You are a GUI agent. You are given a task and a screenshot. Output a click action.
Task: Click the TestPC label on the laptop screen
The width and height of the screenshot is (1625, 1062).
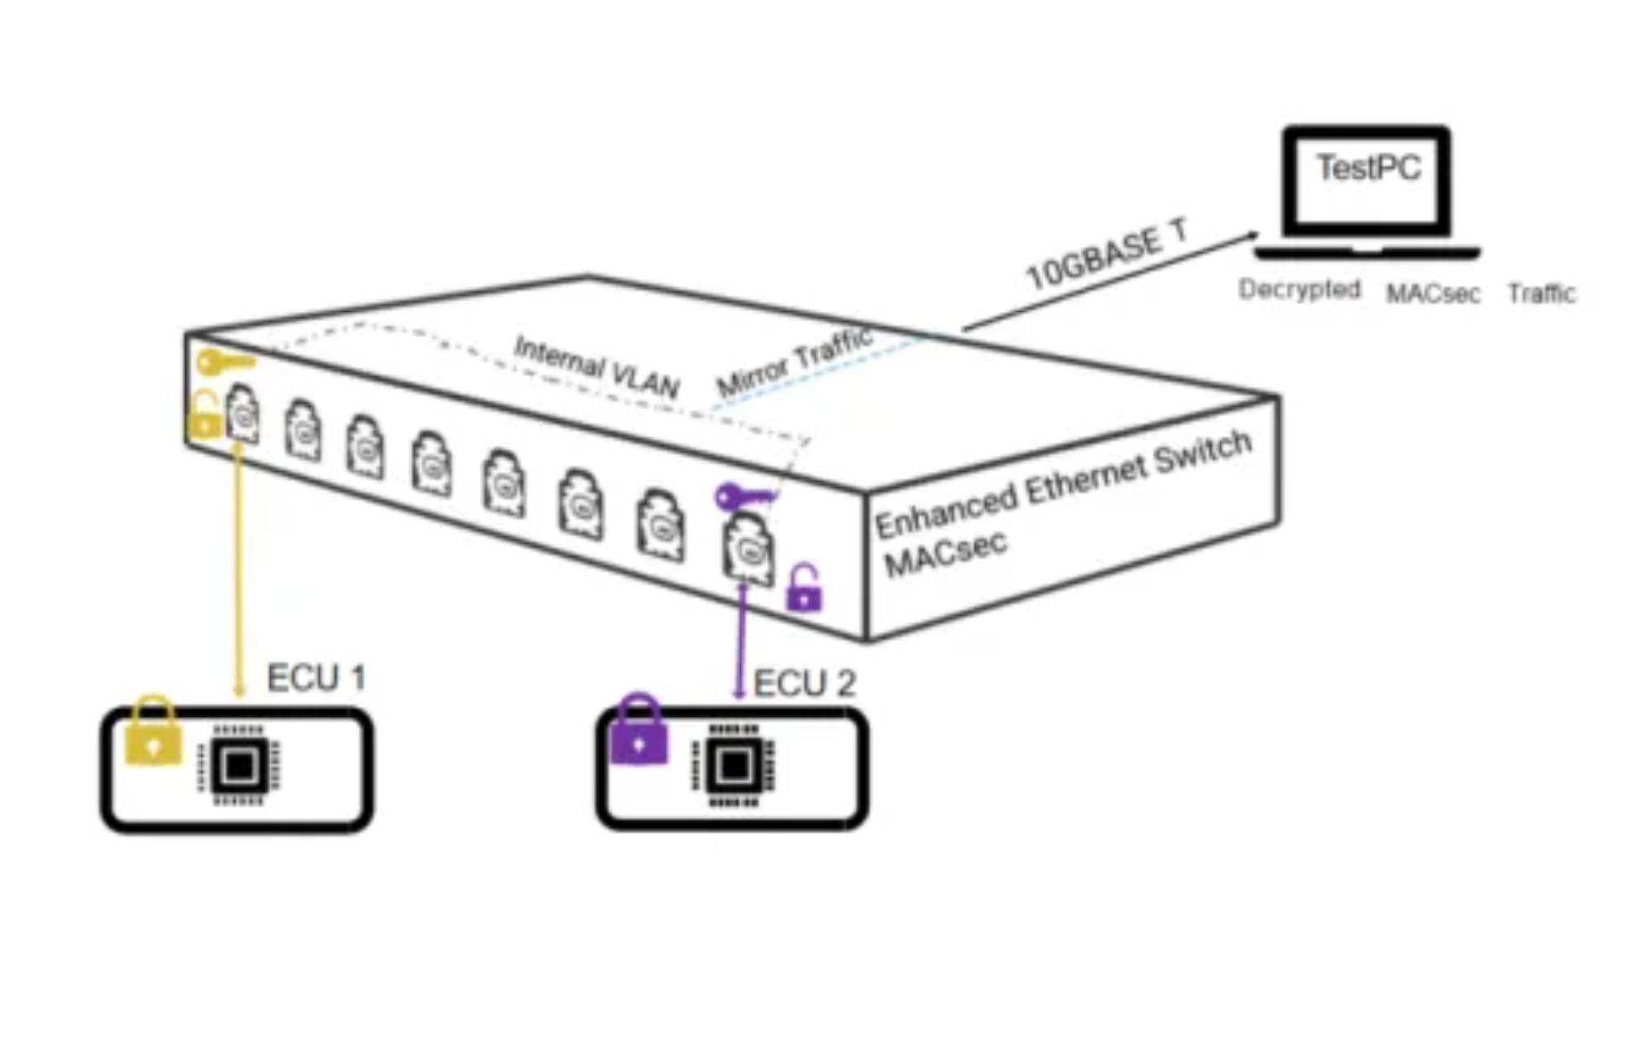[x=1368, y=168]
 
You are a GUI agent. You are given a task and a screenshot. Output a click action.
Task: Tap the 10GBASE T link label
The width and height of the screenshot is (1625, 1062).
[x=1107, y=256]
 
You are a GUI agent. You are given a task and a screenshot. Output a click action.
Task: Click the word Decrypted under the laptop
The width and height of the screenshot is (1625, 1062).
[x=1300, y=290]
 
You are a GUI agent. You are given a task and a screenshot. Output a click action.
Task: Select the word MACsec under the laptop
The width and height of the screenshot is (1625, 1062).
[x=1433, y=293]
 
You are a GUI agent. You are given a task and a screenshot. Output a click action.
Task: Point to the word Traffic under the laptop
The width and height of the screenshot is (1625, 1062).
[x=1541, y=293]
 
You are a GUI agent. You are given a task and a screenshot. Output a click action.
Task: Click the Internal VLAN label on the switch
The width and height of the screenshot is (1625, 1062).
[x=596, y=367]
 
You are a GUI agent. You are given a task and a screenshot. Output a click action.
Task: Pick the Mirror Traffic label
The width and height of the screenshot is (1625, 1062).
[x=794, y=362]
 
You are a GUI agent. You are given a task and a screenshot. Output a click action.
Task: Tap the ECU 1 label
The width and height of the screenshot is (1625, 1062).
[x=316, y=678]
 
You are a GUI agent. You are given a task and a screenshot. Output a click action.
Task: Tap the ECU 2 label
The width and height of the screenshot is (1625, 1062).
[x=804, y=684]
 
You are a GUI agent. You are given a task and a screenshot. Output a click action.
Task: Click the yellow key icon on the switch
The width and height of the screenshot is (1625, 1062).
[x=224, y=362]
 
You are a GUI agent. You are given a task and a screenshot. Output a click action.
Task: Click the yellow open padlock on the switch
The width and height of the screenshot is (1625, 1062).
[x=205, y=417]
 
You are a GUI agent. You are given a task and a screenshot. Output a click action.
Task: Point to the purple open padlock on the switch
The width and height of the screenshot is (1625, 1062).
[x=804, y=588]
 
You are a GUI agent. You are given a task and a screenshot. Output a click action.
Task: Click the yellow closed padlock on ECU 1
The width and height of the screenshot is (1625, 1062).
[x=153, y=732]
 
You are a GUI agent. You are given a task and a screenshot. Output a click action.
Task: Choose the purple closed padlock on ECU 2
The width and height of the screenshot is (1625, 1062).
[x=638, y=732]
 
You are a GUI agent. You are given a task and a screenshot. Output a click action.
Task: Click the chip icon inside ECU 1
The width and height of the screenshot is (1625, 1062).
[x=239, y=765]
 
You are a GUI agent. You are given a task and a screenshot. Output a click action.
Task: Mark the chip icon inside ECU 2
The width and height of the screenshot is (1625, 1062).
[x=733, y=765]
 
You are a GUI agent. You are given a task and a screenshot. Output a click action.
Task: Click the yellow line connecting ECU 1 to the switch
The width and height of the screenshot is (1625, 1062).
[x=238, y=572]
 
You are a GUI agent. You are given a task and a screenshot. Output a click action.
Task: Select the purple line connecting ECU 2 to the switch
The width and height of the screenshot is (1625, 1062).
[x=740, y=639]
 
